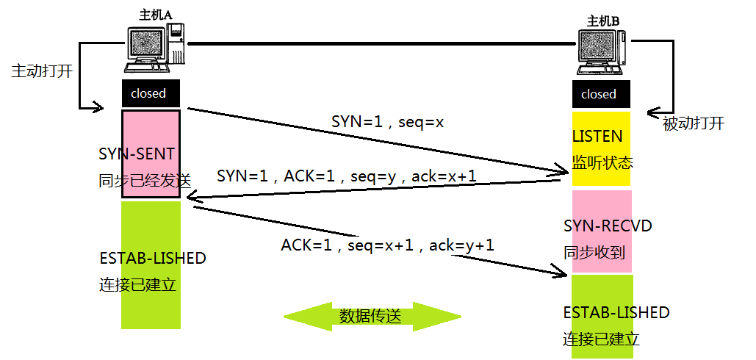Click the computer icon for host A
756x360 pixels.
[x=155, y=48]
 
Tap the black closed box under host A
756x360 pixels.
[x=149, y=93]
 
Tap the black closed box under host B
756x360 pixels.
[x=599, y=94]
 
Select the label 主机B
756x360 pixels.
[x=603, y=21]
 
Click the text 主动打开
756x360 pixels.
[x=41, y=72]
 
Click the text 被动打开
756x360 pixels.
[x=693, y=123]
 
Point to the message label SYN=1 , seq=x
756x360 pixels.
[x=387, y=122]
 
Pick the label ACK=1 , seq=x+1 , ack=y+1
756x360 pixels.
[x=387, y=245]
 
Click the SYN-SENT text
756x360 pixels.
[x=137, y=154]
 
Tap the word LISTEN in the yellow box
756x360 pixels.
[x=597, y=137]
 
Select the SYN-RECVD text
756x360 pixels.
[x=608, y=226]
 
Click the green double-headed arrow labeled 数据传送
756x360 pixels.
[x=372, y=316]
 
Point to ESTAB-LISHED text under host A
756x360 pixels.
[x=152, y=259]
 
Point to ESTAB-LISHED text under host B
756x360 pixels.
[x=616, y=312]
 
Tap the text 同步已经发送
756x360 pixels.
[x=144, y=180]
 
